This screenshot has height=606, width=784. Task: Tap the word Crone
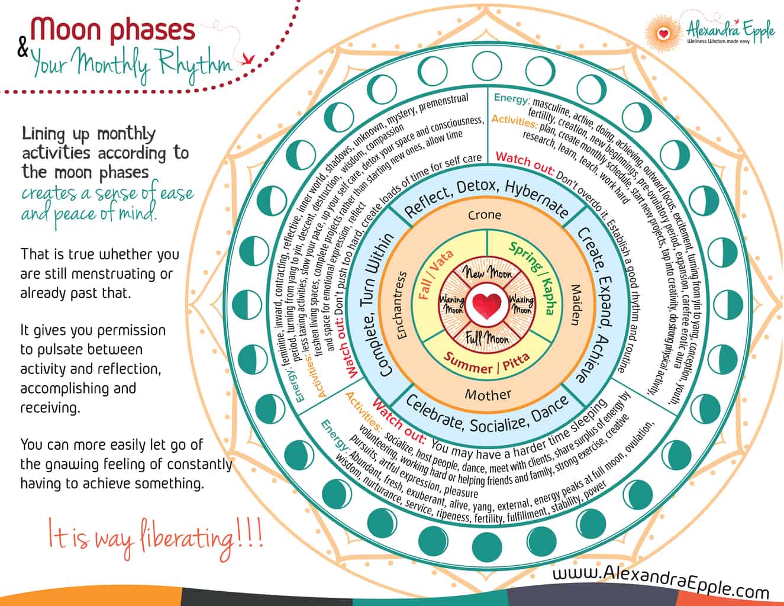pyautogui.click(x=485, y=215)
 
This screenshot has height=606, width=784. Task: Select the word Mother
pyautogui.click(x=488, y=394)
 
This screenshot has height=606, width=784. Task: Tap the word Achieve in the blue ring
pyautogui.click(x=588, y=360)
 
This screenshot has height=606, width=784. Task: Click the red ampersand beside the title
pyautogui.click(x=23, y=49)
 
